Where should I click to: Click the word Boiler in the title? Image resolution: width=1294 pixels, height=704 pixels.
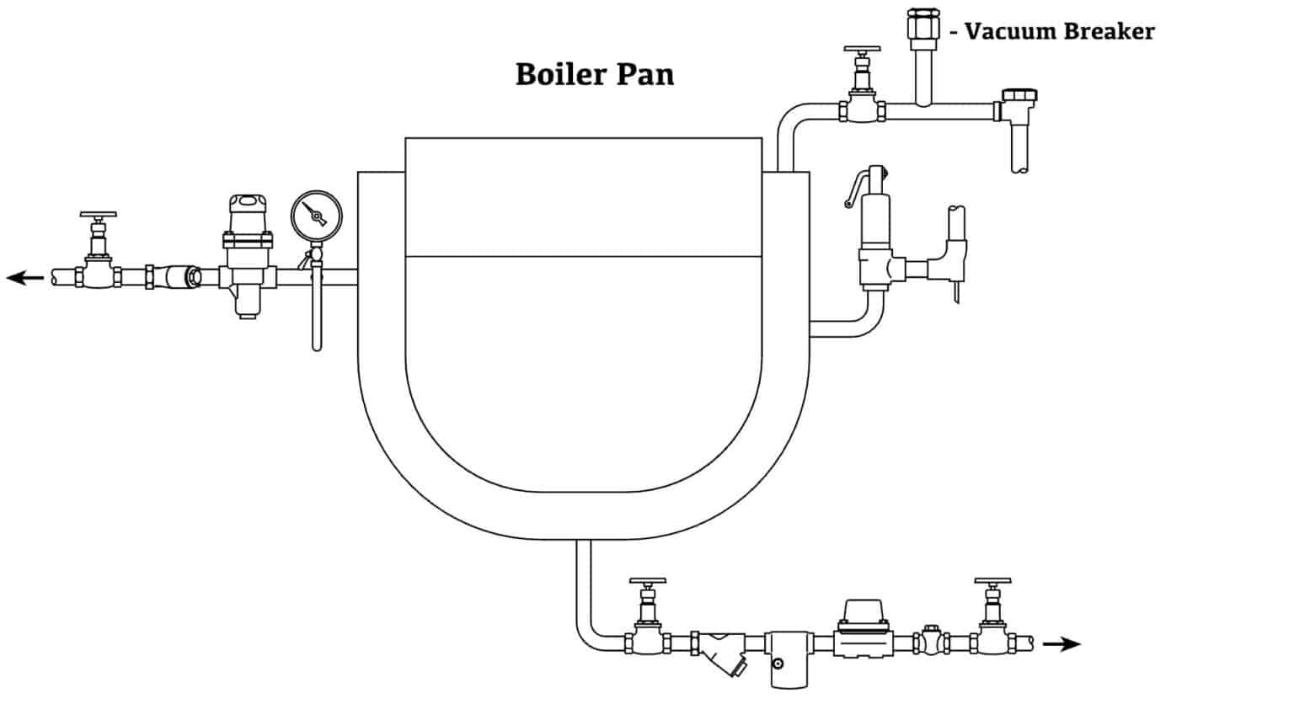(556, 74)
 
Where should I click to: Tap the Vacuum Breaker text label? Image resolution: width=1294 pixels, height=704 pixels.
(1059, 32)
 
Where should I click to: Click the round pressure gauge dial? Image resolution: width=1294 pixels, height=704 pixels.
(317, 216)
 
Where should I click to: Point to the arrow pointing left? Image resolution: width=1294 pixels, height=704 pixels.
(25, 276)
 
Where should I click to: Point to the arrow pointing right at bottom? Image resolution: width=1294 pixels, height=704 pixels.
(1061, 644)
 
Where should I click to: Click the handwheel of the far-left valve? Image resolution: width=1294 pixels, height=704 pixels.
(99, 216)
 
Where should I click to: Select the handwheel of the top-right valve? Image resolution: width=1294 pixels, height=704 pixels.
(861, 51)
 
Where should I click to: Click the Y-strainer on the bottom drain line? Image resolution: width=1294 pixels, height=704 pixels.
(721, 653)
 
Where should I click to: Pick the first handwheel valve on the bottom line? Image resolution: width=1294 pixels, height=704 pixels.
(647, 623)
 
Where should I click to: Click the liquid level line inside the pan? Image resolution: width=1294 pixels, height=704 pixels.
(584, 256)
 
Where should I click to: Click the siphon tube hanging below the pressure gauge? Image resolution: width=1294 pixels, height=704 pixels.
(317, 312)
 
